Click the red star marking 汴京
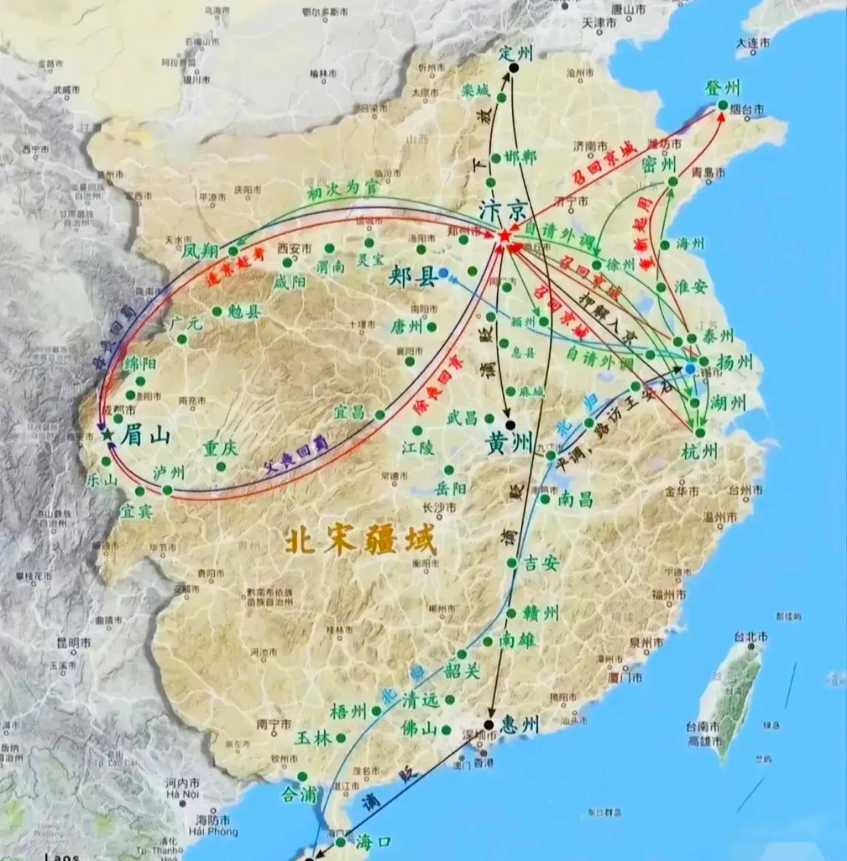point(504,236)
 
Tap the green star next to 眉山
point(106,434)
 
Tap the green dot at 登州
point(722,104)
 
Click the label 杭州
point(700,451)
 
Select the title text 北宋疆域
point(359,543)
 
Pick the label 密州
point(659,164)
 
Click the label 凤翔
point(200,251)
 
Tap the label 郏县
point(412,277)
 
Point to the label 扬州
point(734,361)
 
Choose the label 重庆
point(220,449)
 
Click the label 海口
point(372,841)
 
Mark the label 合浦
point(299,794)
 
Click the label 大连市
point(753,43)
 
